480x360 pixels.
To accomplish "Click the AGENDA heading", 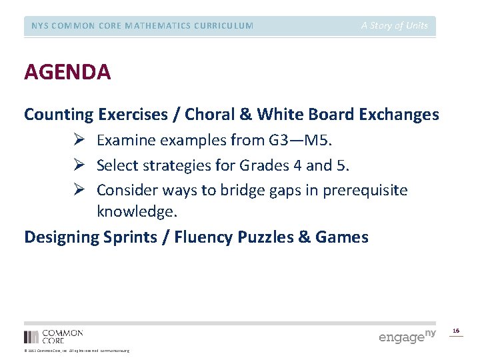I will pos(67,71).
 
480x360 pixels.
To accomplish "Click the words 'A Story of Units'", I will pos(395,26).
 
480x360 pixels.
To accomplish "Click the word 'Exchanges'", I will pos(399,115).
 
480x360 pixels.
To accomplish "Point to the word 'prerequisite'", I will pos(365,190).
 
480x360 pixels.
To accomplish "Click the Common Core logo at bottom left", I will pos(53,336).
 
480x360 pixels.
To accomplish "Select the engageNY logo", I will pos(407,336).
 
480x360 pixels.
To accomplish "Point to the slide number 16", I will pos(456,331).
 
